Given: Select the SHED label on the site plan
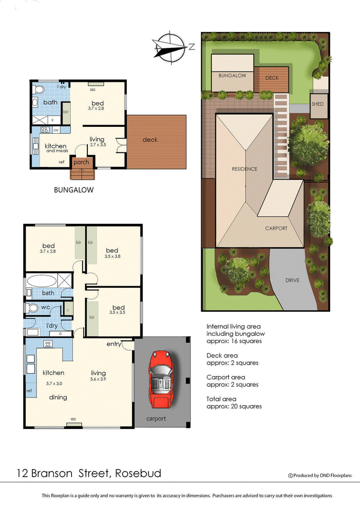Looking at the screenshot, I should tap(317, 104).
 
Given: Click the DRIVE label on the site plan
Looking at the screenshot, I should tap(292, 280).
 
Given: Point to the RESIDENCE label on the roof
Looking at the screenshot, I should tap(244, 169).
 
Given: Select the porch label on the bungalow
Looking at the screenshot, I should tap(81, 162).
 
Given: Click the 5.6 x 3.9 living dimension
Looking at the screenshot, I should tap(98, 379).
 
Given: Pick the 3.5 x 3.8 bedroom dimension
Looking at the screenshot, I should tap(112, 257).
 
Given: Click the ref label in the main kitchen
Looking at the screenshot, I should tap(29, 390).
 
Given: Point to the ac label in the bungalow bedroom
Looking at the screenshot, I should tap(93, 89).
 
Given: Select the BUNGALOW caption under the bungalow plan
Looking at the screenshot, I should tap(74, 190).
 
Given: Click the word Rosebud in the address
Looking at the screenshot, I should tap(138, 473).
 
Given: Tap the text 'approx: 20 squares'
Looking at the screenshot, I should tap(234, 406).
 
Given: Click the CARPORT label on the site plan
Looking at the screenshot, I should tap(276, 228).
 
